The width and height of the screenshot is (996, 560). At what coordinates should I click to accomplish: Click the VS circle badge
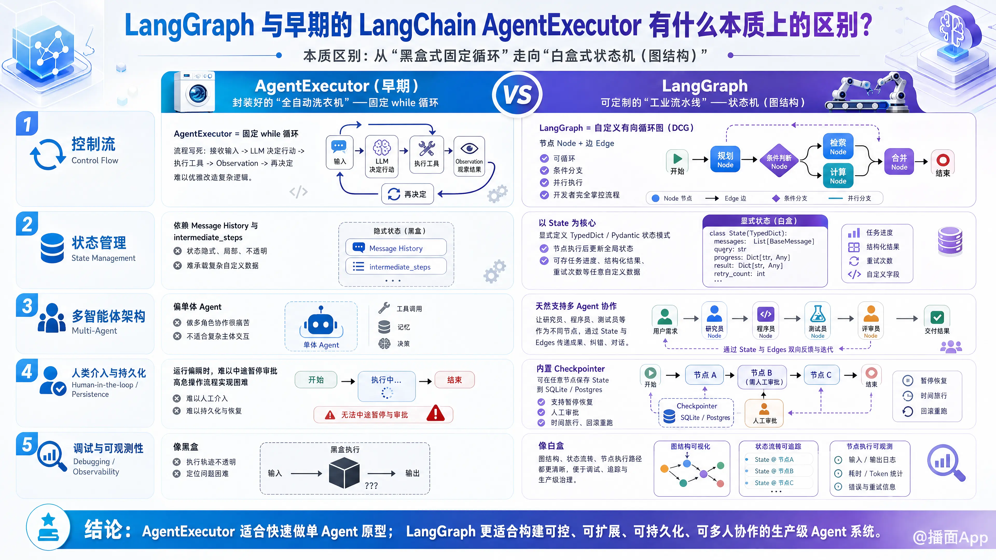point(517,94)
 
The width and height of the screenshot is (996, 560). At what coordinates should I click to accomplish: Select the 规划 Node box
point(725,159)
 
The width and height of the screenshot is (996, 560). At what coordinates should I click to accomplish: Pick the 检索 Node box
point(838,147)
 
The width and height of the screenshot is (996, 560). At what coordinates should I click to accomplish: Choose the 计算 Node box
point(838,176)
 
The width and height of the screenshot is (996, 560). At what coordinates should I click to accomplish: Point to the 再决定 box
point(407,194)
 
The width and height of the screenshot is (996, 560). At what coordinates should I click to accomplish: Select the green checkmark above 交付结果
point(937,317)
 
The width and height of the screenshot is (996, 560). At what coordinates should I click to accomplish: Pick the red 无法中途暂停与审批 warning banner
point(383,414)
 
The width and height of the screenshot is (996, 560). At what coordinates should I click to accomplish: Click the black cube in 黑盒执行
point(344,472)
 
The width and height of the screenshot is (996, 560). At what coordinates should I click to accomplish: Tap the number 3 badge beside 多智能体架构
point(27,305)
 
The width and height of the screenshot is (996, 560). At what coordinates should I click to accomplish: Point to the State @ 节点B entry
point(774,471)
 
